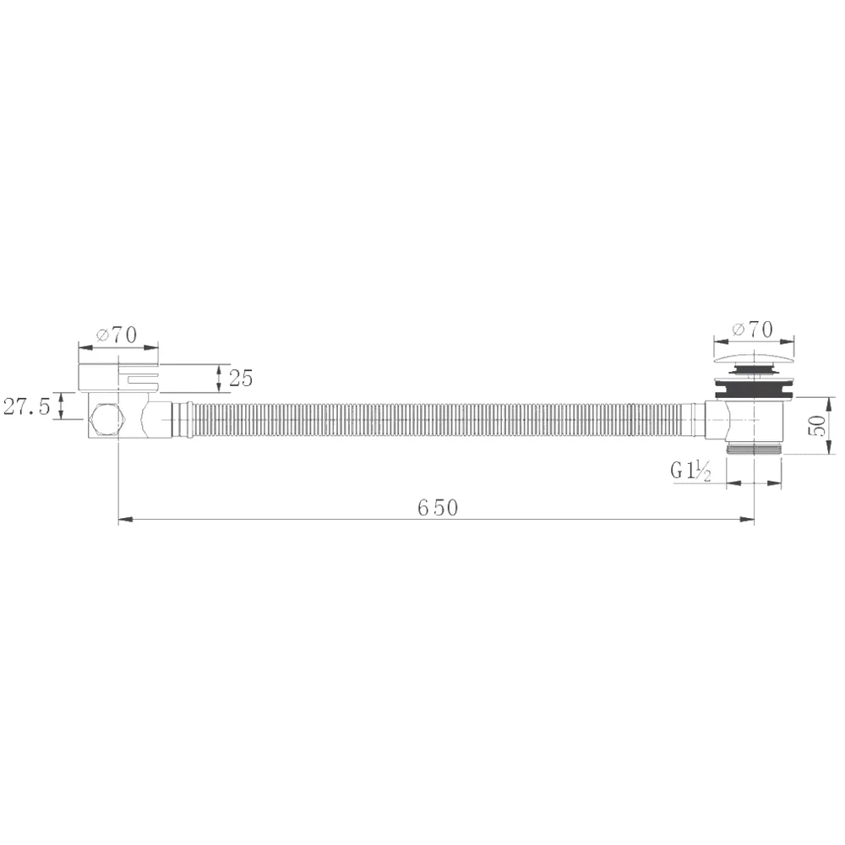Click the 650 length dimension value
[438, 508]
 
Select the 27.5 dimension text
[26, 406]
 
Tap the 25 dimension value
[240, 379]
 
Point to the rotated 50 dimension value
[817, 425]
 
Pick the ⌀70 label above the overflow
[117, 335]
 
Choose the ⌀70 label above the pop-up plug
[753, 330]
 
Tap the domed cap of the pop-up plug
[754, 359]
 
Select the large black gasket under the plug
[754, 390]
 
